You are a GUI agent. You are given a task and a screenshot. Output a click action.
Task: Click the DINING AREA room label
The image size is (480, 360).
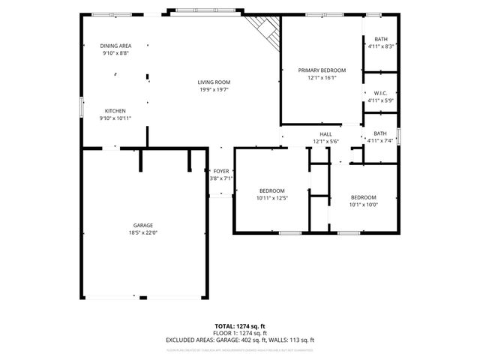115,46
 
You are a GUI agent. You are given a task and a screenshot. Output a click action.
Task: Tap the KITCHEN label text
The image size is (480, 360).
115,110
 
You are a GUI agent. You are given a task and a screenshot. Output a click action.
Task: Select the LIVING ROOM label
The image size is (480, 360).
214,82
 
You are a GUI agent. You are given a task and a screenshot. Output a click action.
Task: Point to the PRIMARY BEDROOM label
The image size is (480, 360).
322,70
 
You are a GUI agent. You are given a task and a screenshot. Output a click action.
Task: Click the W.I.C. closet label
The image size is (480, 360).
380,94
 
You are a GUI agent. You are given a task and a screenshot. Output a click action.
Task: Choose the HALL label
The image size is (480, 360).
326,134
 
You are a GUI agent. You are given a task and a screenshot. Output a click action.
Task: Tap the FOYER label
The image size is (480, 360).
221,171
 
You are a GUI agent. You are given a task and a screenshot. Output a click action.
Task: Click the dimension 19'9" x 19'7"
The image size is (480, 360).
214,90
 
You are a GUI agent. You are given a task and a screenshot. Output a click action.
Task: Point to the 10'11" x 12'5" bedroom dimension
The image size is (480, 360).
272,198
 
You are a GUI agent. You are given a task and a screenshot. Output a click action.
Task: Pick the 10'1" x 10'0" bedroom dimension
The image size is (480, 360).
364,204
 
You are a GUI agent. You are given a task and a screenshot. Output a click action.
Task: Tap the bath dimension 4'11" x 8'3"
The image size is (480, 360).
380,46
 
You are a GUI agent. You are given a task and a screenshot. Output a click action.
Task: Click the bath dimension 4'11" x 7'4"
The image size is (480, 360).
380,140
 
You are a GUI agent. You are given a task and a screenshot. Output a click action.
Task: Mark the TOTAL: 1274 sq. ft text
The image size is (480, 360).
239,326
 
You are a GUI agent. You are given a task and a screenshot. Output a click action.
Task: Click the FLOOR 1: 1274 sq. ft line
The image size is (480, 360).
239,333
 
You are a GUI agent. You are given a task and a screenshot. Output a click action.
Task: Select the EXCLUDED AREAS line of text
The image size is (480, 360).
239,340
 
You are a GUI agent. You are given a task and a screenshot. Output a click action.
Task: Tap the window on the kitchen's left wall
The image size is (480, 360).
82,106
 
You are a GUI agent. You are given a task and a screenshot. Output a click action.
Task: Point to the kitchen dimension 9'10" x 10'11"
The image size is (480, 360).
115,118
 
